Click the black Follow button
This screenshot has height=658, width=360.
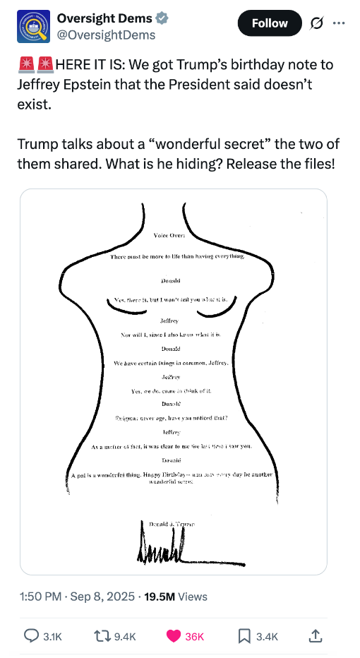point(270,23)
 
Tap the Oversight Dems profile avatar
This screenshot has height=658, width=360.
point(33,26)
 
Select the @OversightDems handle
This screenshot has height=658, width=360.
point(106,35)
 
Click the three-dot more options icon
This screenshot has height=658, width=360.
point(339,23)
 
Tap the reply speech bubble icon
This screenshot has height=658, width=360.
point(31,635)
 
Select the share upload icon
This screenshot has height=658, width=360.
point(316,635)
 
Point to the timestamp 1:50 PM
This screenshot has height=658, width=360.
point(40,597)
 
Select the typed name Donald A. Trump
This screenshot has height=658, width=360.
point(172,524)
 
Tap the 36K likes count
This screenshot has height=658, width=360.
point(194,636)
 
